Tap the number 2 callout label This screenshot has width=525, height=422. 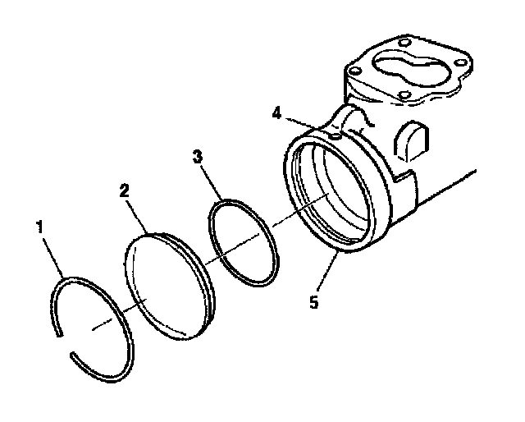(x=124, y=190)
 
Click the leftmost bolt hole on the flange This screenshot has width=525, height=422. (x=354, y=71)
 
